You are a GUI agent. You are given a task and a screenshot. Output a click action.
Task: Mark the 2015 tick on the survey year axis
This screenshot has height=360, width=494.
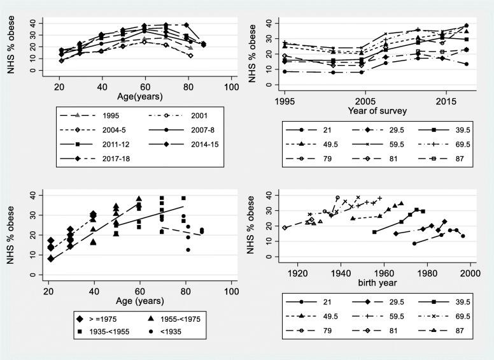[445, 101]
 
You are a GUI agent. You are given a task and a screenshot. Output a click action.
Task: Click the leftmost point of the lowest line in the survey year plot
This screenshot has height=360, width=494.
[284, 71]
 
